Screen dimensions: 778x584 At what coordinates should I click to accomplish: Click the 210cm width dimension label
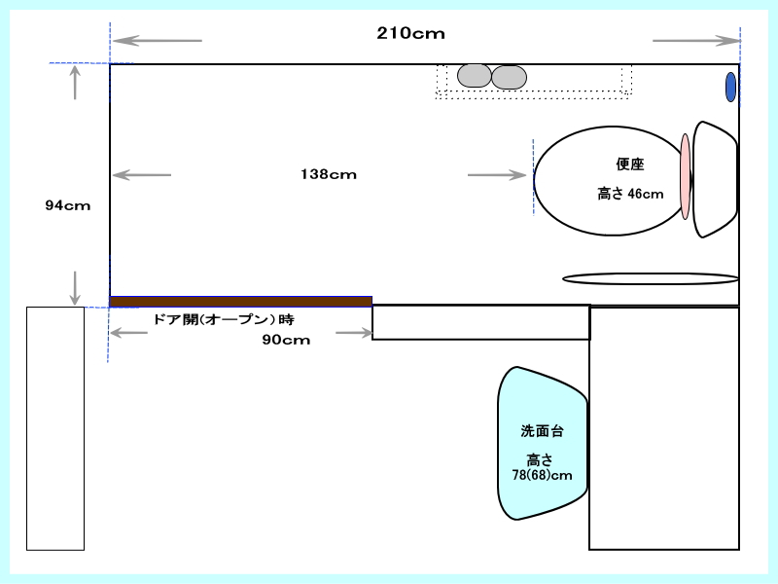[x=410, y=33]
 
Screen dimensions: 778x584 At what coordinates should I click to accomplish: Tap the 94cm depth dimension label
[x=68, y=205]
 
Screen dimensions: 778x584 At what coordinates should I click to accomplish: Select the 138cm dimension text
[x=329, y=174]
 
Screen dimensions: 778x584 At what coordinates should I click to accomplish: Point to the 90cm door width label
[x=286, y=340]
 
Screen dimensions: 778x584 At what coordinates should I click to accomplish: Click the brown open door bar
[x=240, y=302]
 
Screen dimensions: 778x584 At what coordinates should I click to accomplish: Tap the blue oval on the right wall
[x=730, y=87]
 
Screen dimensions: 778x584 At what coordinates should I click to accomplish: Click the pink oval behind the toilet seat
[x=686, y=176]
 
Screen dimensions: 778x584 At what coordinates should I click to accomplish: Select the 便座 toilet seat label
[x=630, y=164]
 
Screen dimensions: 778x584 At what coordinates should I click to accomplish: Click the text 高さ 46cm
[x=630, y=194]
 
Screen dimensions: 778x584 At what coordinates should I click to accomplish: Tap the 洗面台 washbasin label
[x=543, y=431]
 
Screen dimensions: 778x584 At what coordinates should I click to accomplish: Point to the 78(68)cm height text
[x=542, y=475]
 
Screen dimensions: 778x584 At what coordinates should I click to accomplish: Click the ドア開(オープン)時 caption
[x=224, y=319]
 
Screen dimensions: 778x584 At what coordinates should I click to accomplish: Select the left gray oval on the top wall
[x=475, y=76]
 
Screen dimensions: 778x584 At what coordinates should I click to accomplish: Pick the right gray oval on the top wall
[x=509, y=78]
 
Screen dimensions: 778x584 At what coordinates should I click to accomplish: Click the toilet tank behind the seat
[x=715, y=179]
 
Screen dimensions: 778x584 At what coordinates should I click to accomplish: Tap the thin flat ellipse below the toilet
[x=651, y=278]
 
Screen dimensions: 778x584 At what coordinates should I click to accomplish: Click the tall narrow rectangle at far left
[x=55, y=428]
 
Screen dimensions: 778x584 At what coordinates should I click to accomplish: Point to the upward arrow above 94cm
[x=75, y=83]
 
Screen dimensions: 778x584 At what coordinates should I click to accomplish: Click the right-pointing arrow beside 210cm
[x=696, y=41]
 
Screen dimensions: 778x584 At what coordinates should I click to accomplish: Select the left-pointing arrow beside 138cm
[x=142, y=175]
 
